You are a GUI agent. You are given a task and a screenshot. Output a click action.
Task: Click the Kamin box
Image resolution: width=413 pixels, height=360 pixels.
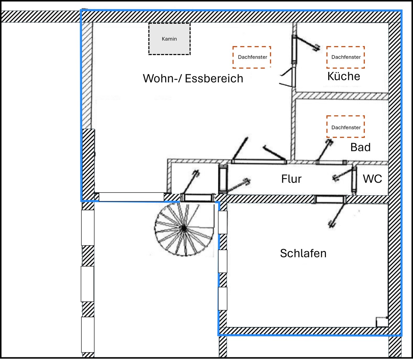(169, 39)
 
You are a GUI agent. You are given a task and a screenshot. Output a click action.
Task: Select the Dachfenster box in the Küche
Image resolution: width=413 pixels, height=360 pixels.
(345, 57)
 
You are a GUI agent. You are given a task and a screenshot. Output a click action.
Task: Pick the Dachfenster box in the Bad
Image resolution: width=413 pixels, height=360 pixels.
(345, 127)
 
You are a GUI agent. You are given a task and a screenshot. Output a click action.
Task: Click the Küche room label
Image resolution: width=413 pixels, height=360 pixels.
(344, 76)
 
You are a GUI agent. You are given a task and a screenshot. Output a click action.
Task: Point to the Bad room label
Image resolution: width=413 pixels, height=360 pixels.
(360, 147)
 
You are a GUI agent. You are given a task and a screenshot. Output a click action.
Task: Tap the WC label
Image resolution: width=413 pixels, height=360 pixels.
(372, 179)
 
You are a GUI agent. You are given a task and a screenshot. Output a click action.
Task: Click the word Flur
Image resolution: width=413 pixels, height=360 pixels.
(291, 179)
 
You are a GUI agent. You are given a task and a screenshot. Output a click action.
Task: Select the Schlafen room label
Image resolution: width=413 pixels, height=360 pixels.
(303, 253)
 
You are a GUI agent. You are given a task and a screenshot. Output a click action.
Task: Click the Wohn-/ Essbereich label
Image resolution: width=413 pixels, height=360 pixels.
(193, 79)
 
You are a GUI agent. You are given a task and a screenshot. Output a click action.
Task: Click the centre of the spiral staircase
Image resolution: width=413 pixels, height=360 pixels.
(184, 228)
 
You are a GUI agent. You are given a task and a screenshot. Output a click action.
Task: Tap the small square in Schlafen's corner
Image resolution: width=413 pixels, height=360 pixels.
(382, 322)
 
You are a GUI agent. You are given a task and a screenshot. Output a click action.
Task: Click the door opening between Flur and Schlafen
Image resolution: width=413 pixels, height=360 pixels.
(331, 199)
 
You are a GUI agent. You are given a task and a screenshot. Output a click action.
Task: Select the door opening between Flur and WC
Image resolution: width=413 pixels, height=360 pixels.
(354, 180)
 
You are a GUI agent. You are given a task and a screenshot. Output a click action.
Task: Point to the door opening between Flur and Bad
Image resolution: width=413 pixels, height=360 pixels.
(331, 162)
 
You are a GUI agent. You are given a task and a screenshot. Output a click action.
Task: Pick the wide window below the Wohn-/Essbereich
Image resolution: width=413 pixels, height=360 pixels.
(131, 197)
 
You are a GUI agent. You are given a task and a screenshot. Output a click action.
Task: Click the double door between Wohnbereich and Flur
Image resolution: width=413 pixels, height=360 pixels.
(259, 162)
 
